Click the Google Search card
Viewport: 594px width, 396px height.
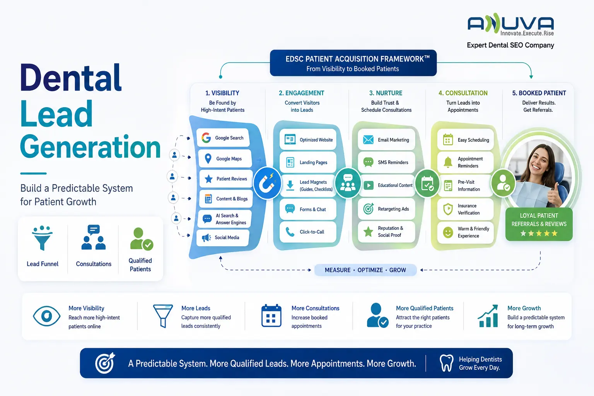point(223,138)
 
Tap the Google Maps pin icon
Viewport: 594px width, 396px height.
point(208,159)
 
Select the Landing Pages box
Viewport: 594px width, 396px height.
point(308,162)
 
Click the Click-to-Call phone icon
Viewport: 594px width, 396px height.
point(290,232)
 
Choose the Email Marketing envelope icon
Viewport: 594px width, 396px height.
point(368,140)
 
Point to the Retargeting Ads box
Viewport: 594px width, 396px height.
point(386,209)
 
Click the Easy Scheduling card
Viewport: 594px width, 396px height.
point(466,140)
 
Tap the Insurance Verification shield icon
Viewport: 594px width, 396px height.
point(448,209)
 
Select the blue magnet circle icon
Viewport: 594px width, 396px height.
point(267,183)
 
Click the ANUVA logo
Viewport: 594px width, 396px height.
point(511,25)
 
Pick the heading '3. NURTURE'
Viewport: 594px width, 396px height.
point(386,93)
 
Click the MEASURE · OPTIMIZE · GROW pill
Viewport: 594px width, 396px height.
point(365,270)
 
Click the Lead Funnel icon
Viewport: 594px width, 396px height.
point(42,238)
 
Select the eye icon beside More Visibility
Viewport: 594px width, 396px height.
point(47,316)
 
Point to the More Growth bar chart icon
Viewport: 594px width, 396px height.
point(488,316)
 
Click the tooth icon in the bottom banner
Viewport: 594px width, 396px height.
point(447,363)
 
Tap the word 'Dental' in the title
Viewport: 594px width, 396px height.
point(71,78)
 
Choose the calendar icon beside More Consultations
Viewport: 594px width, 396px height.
point(271,316)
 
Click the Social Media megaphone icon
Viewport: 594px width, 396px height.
point(206,238)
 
